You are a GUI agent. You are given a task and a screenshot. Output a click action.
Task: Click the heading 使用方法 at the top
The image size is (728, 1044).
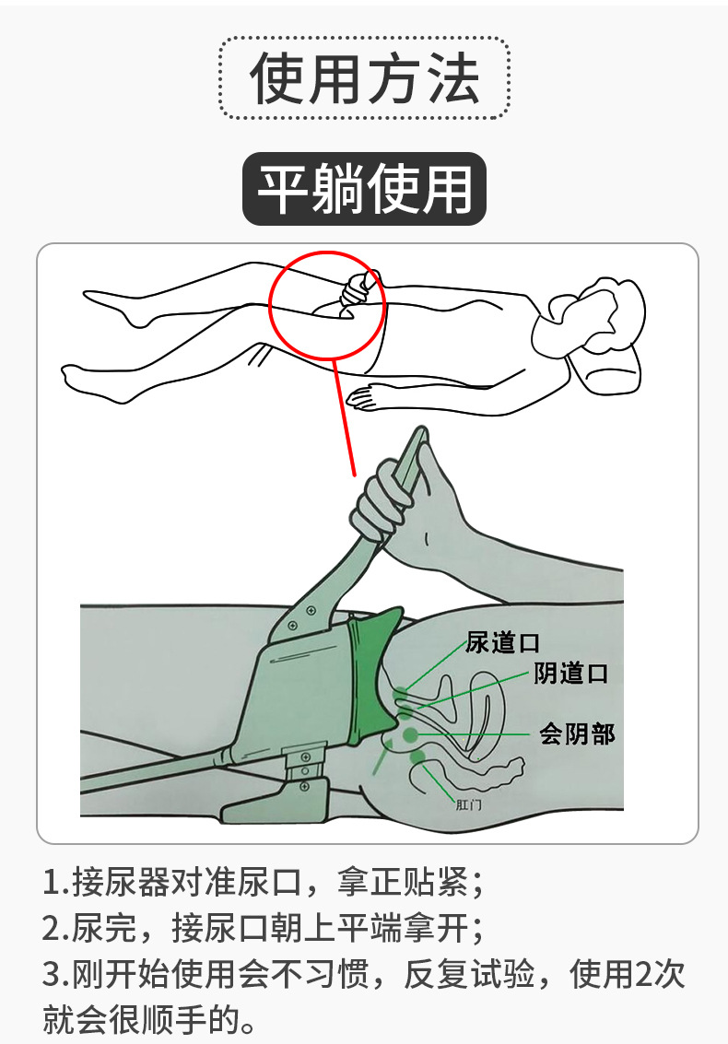click(365, 78)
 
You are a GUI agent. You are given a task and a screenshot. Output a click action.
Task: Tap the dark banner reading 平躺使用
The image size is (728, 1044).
click(364, 190)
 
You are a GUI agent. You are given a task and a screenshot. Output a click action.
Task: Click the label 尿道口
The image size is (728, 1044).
click(502, 643)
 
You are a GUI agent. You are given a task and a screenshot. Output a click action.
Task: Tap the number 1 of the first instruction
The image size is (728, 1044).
click(52, 885)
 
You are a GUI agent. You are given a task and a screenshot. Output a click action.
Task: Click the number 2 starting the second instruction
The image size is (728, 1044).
click(52, 928)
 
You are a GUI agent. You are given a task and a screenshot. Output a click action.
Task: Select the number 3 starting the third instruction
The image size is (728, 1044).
click(52, 974)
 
